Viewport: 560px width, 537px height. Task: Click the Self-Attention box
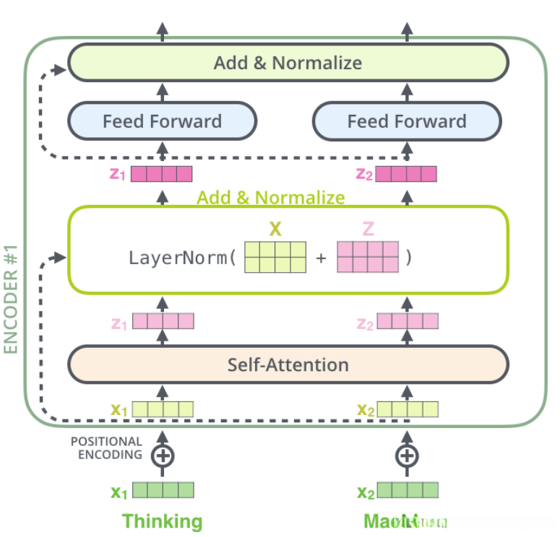point(288,364)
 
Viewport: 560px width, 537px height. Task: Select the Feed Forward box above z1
point(162,121)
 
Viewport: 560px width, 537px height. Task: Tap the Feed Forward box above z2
point(407,121)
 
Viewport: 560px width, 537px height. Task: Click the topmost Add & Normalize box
point(288,63)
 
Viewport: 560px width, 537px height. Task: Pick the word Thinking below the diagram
point(162,521)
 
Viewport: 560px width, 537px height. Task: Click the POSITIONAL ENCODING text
point(106,448)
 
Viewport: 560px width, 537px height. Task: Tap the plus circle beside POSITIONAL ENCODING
point(162,455)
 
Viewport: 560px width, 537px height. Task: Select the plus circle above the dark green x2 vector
point(407,455)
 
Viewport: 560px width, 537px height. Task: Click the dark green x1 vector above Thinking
point(163,492)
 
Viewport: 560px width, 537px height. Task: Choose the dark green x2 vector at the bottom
point(407,492)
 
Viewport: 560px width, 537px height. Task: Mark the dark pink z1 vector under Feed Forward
point(162,174)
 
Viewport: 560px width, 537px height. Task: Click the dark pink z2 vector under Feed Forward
point(406,174)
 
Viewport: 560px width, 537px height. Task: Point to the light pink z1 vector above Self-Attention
point(163,321)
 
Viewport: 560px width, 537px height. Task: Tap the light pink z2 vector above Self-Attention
point(407,321)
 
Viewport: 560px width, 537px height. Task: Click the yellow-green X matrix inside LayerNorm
point(275,257)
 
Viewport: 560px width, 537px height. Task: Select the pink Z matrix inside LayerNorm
point(367,257)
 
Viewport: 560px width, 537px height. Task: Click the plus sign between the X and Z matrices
point(321,258)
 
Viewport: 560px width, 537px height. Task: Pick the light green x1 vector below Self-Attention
point(163,410)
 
